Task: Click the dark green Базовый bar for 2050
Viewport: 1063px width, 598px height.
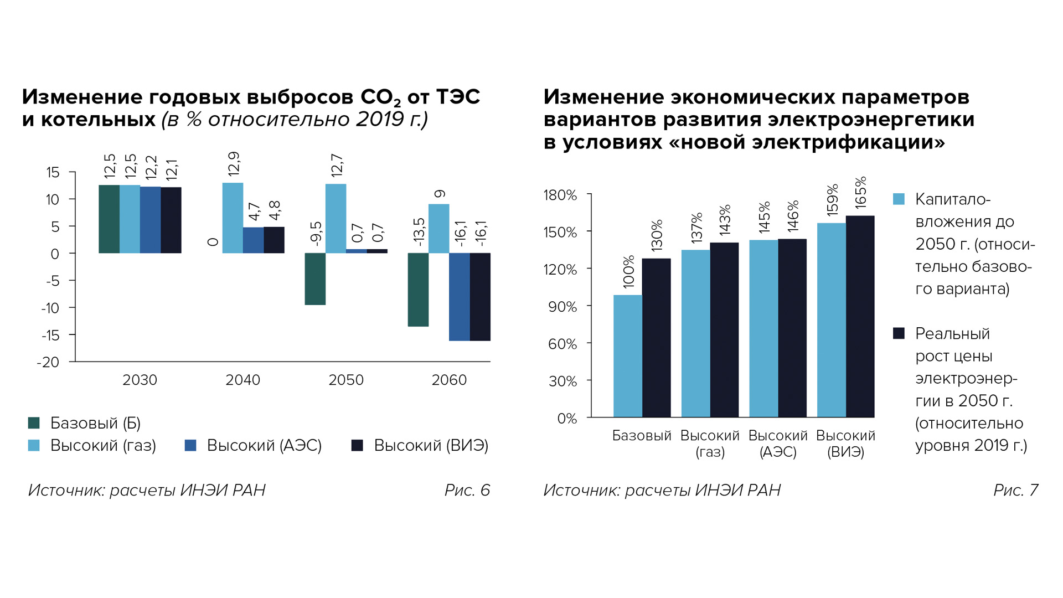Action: coord(315,279)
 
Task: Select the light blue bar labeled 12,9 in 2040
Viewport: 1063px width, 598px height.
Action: coord(233,218)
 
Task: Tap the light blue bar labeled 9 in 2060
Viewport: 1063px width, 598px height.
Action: coord(438,229)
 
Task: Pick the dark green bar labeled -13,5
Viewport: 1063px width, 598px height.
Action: coord(418,290)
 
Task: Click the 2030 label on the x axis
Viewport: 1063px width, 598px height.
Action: coord(140,380)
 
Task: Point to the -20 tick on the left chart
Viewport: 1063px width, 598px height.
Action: coord(48,362)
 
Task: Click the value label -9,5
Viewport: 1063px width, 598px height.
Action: coord(316,233)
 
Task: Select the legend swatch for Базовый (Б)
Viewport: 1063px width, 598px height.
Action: coord(34,423)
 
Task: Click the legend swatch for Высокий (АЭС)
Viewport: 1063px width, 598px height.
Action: coord(190,445)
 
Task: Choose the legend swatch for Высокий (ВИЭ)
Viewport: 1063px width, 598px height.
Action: coord(357,445)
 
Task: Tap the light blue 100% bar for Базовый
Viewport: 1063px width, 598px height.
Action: coord(628,356)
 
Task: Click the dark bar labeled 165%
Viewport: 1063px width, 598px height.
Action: coord(860,316)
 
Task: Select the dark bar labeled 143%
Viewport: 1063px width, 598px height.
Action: coord(724,329)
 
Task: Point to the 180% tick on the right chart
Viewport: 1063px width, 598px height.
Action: coord(560,195)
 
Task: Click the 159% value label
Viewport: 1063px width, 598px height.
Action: coord(832,199)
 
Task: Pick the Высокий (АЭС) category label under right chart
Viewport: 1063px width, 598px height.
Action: coord(778,444)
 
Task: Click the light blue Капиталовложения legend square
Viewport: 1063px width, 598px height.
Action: coord(899,199)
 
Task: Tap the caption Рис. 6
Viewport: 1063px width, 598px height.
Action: coord(467,490)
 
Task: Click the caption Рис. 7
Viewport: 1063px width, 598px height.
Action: coord(1015,490)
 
